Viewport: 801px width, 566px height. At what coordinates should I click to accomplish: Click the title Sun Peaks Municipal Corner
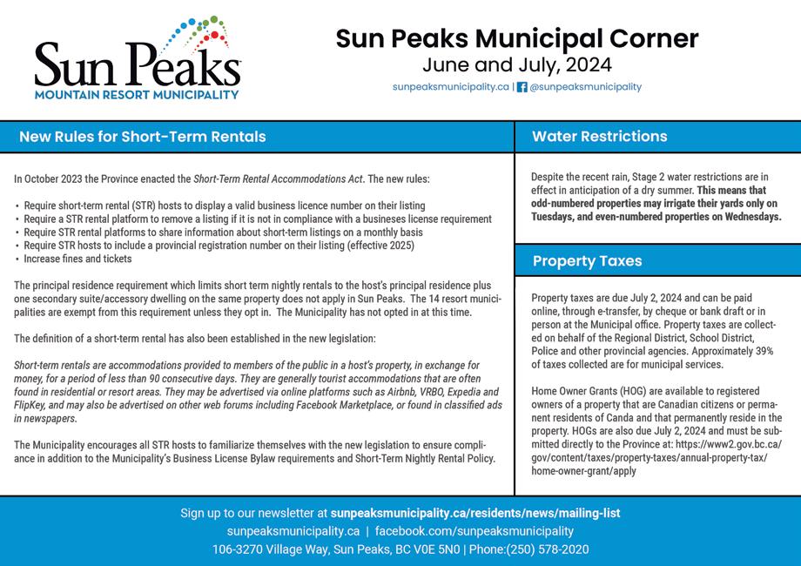click(516, 39)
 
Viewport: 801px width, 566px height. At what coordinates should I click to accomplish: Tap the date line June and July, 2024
click(516, 65)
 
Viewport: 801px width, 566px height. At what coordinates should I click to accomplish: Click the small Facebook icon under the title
click(522, 87)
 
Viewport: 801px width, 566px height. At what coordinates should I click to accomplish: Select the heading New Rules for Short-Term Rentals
click(143, 137)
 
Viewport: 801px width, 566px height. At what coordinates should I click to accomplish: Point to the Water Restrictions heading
click(600, 137)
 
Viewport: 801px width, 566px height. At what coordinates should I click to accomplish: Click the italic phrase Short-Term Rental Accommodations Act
click(278, 179)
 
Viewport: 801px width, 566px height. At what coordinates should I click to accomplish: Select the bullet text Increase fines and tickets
click(78, 259)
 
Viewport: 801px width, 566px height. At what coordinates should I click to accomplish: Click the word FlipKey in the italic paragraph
click(31, 406)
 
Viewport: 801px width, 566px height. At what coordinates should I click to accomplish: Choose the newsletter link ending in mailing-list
click(475, 514)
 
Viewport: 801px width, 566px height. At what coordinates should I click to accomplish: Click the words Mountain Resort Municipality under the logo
click(137, 92)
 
